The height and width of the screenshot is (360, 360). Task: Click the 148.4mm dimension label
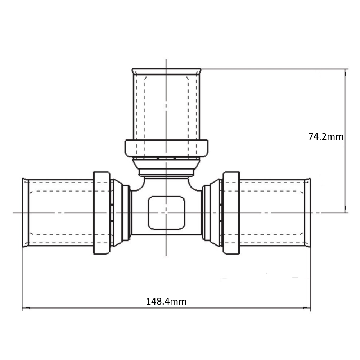coord(166,301)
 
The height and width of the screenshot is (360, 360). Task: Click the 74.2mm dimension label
coord(325,136)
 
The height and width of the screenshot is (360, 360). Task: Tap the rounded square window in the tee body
coord(166,213)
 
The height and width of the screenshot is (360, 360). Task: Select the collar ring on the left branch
coord(102,213)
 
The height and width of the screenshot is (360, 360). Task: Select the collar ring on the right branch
coord(231,213)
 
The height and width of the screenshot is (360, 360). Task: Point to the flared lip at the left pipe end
coord(25,213)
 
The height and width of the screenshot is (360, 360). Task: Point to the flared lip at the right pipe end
coord(308,213)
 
